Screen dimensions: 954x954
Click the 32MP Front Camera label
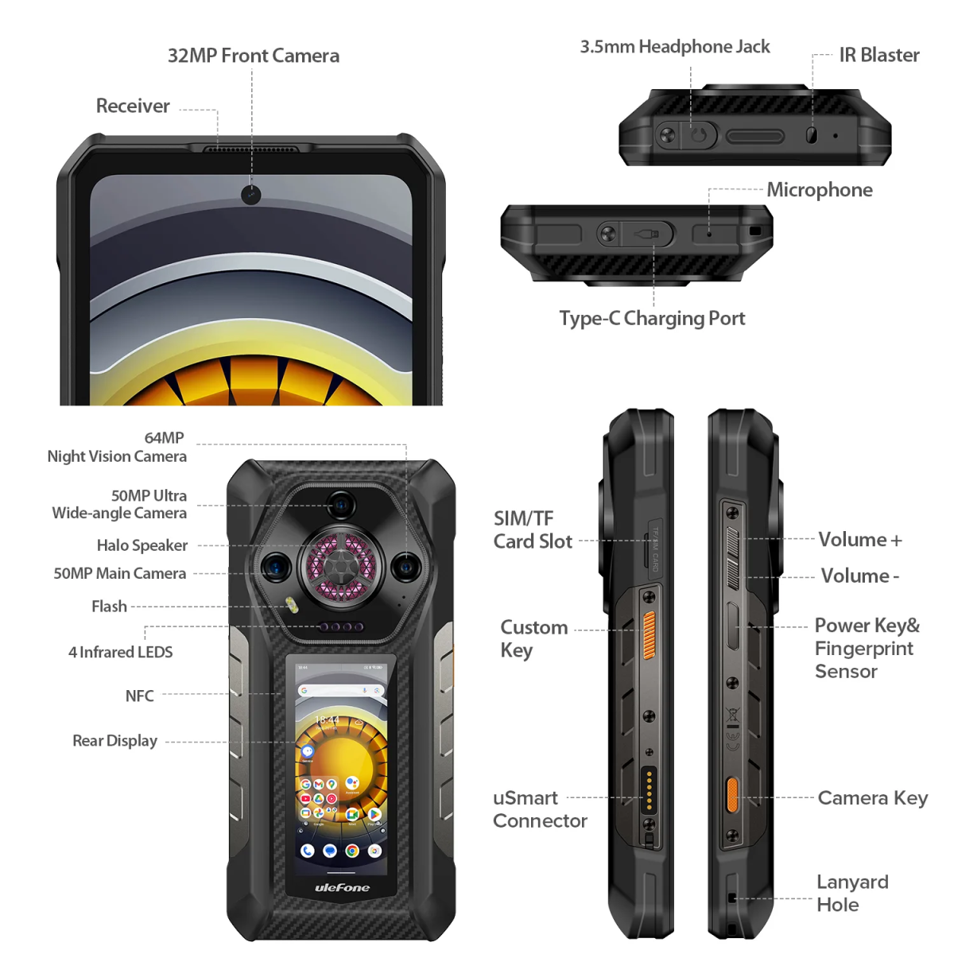pos(253,56)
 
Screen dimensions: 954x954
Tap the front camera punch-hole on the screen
pos(251,194)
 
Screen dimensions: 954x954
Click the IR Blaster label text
pos(878,55)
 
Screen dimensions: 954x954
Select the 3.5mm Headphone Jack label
pos(674,47)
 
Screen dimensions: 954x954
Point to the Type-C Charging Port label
pos(652,319)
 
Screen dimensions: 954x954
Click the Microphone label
pos(819,190)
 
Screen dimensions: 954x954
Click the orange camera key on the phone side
pos(731,795)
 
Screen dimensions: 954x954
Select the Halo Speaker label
pos(142,545)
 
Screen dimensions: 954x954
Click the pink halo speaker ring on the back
pos(341,567)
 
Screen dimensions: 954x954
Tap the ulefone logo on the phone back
pos(342,887)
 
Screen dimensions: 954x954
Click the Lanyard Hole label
pos(851,893)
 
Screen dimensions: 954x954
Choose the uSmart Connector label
pos(539,809)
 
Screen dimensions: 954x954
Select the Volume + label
pos(859,540)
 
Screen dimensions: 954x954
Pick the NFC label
pos(139,696)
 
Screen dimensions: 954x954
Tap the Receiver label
pos(133,106)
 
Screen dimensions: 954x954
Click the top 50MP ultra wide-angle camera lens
pos(341,504)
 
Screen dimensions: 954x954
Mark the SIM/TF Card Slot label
pos(532,530)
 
